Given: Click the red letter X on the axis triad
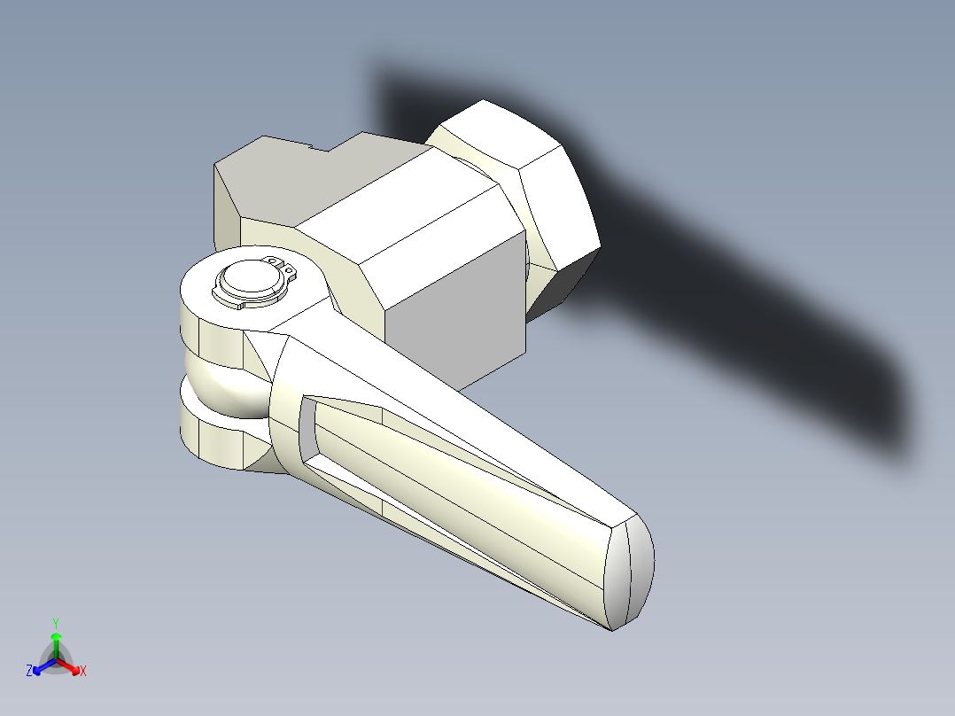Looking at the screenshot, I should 83,672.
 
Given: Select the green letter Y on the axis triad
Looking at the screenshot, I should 55,622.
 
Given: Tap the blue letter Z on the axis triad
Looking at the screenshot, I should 29,672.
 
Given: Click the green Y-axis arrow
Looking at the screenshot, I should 56,641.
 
